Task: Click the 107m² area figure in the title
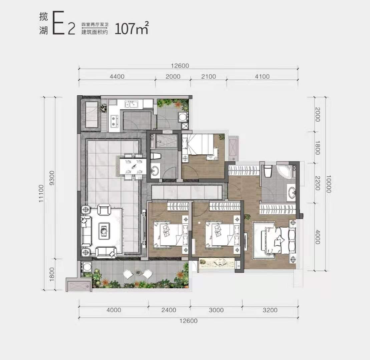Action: pos(132,28)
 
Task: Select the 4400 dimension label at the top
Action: pos(117,77)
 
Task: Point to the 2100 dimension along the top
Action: pos(209,77)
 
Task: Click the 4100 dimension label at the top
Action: pos(262,77)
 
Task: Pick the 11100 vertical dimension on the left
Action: pos(41,193)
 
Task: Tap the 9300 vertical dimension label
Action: pos(52,178)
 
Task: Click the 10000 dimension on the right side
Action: pos(329,184)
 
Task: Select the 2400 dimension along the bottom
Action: pos(169,310)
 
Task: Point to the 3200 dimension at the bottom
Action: pos(270,310)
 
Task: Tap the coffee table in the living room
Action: pos(104,229)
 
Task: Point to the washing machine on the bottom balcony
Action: pos(87,267)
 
